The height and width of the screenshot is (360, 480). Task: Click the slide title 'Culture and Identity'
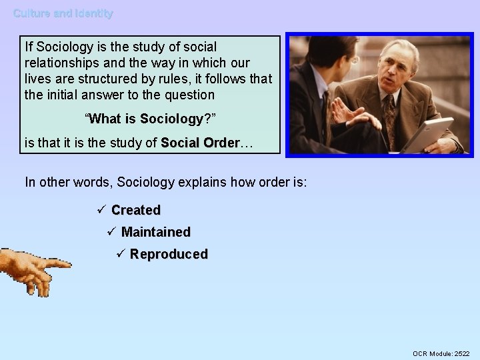(63, 13)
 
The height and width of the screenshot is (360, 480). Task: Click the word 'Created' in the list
(136, 210)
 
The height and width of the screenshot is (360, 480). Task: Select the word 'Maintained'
(156, 232)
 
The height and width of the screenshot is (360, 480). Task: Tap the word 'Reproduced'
(169, 254)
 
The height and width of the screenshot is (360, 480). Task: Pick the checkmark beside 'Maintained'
(111, 232)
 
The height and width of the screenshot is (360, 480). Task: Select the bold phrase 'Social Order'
(199, 143)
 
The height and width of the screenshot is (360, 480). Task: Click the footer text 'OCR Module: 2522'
(441, 353)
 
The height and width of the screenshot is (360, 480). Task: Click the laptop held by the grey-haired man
(427, 133)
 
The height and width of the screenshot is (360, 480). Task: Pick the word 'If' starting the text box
(29, 47)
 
